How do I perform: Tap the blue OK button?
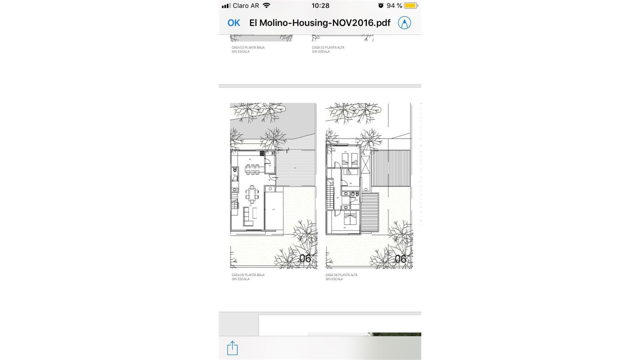(233, 23)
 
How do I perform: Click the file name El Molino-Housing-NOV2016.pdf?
(320, 23)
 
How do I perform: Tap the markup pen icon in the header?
(404, 23)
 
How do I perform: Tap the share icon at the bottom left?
(232, 348)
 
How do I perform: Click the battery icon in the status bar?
(411, 6)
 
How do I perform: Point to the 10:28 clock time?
(320, 6)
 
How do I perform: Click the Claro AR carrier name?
(246, 6)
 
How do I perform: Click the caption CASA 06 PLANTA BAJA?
(248, 275)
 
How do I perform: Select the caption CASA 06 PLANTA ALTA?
(341, 275)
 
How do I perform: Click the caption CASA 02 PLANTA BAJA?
(248, 47)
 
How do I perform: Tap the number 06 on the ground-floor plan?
(305, 258)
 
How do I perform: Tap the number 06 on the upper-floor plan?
(400, 259)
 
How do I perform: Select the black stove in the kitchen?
(262, 153)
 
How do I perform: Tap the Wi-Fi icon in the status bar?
(266, 6)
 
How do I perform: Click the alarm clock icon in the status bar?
(381, 6)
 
